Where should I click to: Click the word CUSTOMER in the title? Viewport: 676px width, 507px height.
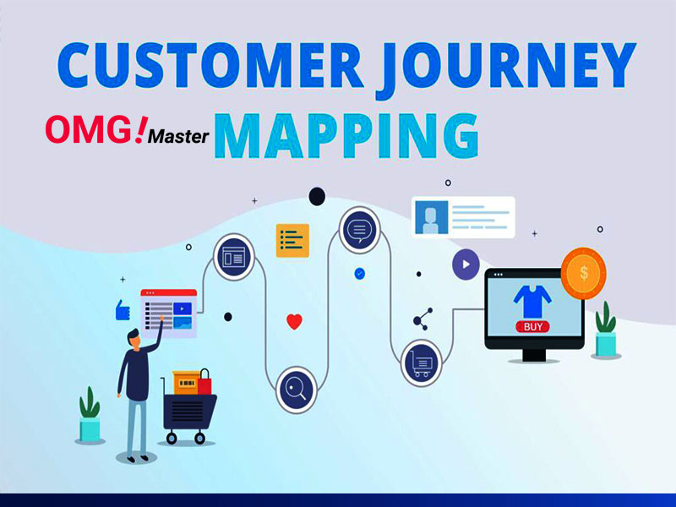tap(210, 65)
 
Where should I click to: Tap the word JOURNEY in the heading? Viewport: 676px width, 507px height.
tap(506, 68)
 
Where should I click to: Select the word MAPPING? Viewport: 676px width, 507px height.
tap(346, 136)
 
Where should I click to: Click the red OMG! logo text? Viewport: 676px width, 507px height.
tap(95, 129)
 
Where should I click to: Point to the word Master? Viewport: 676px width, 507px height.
tap(178, 136)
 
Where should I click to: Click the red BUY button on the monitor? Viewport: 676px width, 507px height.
tap(532, 327)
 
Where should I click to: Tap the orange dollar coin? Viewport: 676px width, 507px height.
tap(583, 273)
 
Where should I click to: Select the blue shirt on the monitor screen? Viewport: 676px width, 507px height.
tap(532, 302)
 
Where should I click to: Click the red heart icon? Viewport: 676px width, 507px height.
tap(294, 322)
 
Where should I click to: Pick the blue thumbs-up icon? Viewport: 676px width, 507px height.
tap(123, 310)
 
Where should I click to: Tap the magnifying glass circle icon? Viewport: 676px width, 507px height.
tap(297, 390)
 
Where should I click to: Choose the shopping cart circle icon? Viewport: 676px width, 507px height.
tap(421, 363)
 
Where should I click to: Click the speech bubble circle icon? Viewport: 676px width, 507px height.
tap(360, 230)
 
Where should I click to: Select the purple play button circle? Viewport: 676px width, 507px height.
tap(466, 264)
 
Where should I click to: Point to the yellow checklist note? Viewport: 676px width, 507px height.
tap(292, 241)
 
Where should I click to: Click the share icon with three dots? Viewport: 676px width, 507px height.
tap(423, 319)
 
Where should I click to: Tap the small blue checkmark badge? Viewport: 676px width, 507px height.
tap(360, 273)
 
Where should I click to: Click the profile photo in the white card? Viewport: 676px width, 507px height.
tap(431, 218)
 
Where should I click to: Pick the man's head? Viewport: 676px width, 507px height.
tap(134, 337)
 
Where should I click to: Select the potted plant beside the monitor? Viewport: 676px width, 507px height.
tap(606, 330)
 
